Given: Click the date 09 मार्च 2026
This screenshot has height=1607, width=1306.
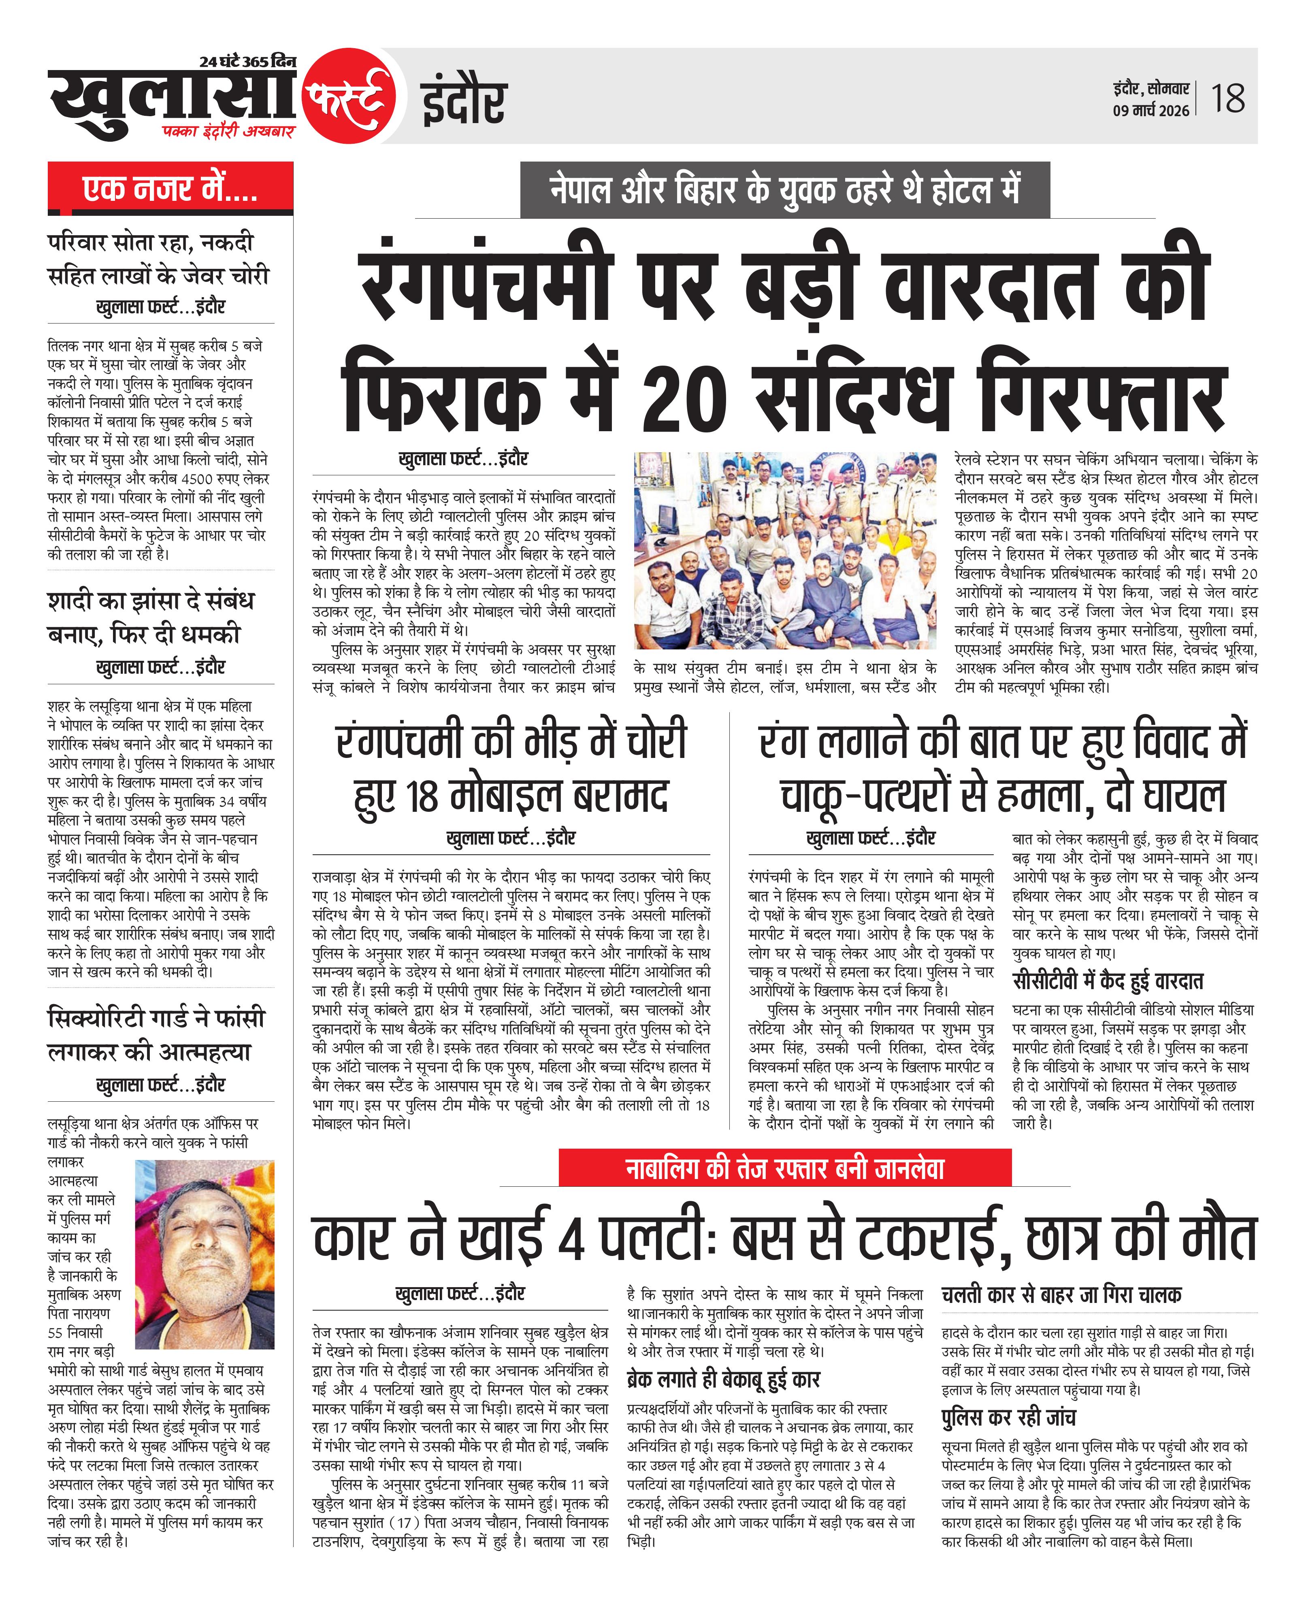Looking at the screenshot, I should click(x=1151, y=111).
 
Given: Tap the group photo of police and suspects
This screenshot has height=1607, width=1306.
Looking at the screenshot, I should click(x=785, y=551).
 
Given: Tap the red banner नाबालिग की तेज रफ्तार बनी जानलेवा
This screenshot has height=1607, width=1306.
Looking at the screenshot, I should click(x=785, y=1168).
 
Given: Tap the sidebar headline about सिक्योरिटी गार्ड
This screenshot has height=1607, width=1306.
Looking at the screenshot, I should click(x=156, y=1035).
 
